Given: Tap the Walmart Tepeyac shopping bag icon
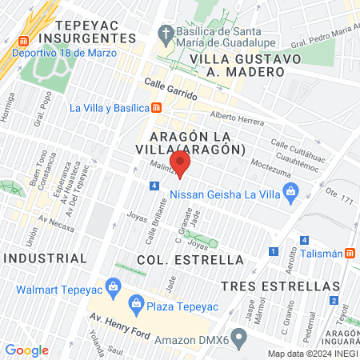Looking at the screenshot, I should pos(114,286).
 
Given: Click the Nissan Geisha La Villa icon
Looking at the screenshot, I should pos(291,190).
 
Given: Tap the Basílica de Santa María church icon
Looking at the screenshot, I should pos(166,34).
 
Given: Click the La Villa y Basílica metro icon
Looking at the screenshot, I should pos(157,108).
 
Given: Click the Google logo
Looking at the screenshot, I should pos(26,350).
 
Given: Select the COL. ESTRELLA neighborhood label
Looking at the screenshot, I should pos(190,260).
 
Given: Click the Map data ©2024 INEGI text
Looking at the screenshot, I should pos(311,354).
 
